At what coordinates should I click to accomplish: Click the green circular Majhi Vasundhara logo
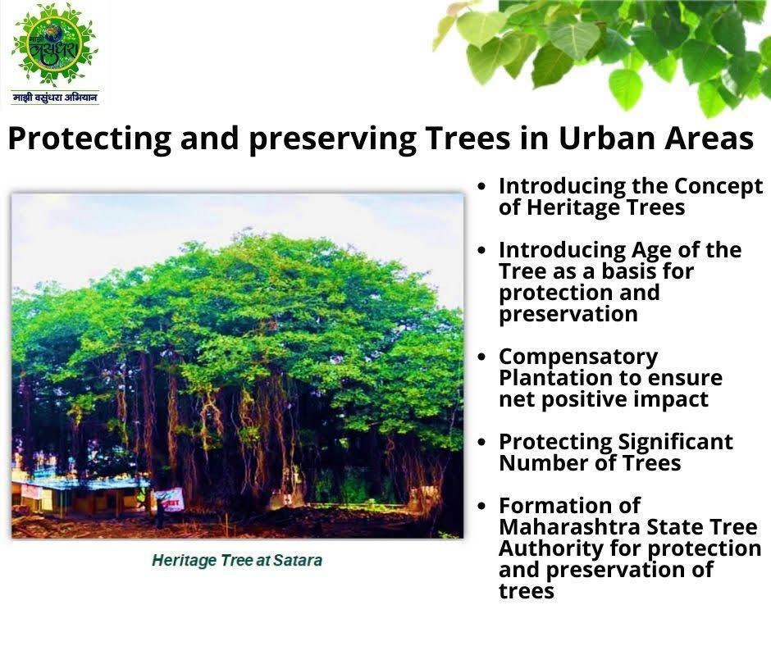click(x=54, y=47)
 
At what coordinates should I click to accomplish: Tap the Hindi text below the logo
click(x=55, y=98)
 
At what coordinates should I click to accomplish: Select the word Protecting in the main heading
click(x=89, y=139)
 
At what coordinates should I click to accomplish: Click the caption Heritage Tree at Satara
click(x=237, y=561)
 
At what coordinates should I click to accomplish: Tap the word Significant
click(x=675, y=443)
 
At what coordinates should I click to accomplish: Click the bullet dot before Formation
click(x=482, y=505)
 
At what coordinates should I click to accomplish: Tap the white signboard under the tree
click(x=170, y=500)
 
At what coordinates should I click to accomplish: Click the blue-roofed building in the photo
click(x=79, y=494)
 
